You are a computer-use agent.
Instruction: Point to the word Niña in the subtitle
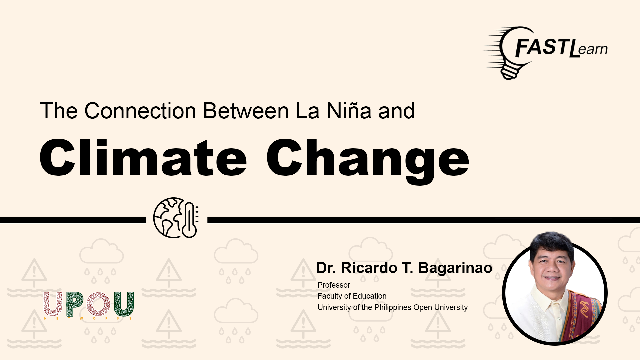(x=349, y=111)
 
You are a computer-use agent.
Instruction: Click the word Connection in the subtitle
(x=140, y=111)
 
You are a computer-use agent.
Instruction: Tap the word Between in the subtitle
(x=246, y=111)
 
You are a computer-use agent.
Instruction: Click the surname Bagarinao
(x=455, y=268)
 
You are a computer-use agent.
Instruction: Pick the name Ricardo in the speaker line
(x=369, y=268)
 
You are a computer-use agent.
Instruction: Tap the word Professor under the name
(x=334, y=285)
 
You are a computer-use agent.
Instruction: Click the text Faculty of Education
(x=352, y=296)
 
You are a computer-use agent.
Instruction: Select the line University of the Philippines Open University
(x=393, y=307)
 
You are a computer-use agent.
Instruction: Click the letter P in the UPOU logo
(x=75, y=304)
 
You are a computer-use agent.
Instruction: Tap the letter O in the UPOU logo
(x=98, y=304)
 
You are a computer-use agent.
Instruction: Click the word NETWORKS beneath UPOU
(x=88, y=319)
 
